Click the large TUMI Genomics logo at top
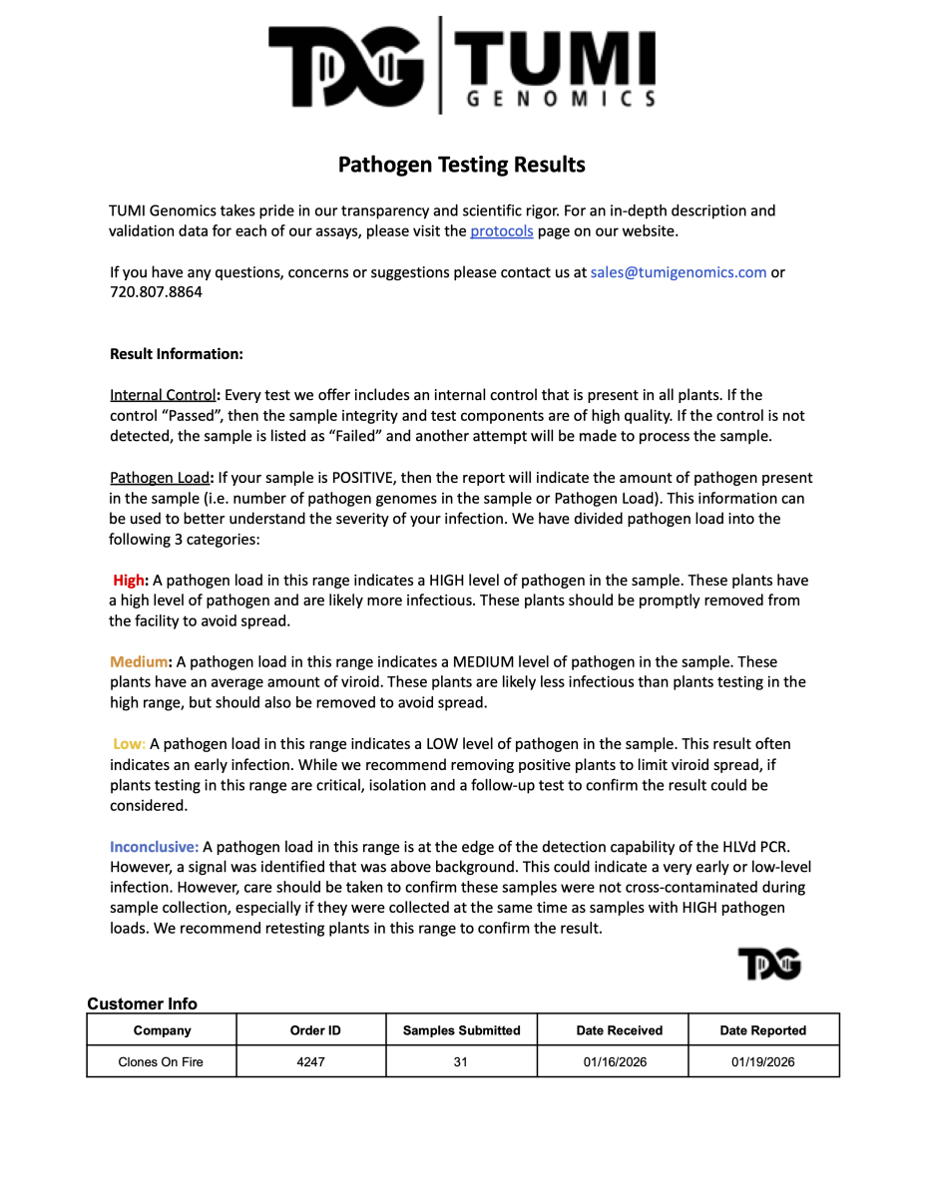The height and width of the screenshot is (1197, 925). (462, 66)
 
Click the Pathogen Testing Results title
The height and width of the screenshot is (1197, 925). (461, 165)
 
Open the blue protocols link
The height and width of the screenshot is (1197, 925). (502, 231)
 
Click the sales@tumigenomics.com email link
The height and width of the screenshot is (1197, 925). (679, 272)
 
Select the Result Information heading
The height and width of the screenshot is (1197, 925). (177, 354)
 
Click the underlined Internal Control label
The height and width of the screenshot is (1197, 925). (163, 395)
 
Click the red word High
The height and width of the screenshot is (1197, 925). (129, 581)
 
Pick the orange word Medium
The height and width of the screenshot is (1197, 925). (139, 662)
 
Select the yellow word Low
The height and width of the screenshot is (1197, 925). (128, 744)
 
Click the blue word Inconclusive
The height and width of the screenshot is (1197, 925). (155, 847)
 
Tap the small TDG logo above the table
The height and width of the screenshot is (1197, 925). (769, 964)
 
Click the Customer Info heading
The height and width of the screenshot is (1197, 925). (143, 1003)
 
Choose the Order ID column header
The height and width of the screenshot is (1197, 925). (311, 1030)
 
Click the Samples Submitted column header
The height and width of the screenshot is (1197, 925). (461, 1030)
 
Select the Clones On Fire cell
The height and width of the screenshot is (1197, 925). (161, 1062)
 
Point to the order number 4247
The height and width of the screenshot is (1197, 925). (311, 1062)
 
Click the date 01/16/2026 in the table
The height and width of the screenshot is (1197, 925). (615, 1062)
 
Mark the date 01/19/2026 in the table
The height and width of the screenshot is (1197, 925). (763, 1062)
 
